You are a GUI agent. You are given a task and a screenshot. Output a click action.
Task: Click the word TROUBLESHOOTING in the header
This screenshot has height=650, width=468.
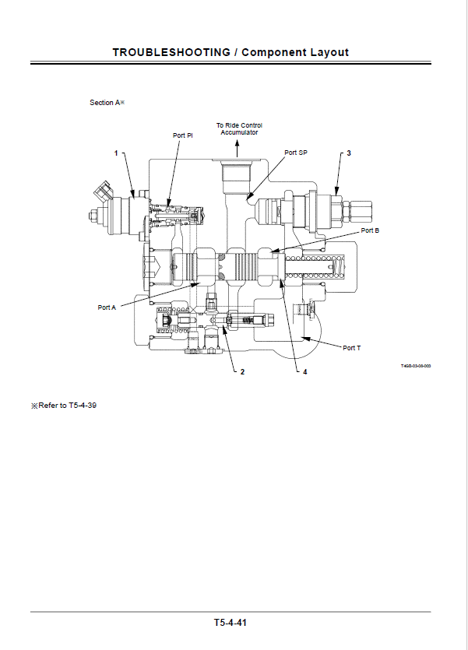pos(171,52)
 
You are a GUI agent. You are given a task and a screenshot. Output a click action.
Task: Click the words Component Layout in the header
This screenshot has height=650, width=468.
pos(295,52)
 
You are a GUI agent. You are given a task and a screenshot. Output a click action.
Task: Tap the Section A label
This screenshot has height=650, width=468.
pos(107,103)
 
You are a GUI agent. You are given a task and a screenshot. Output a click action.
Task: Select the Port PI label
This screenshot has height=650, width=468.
pos(182,135)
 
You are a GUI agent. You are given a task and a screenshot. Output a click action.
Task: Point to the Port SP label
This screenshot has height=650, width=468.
pos(296,153)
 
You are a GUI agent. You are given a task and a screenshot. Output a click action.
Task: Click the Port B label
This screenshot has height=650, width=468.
pos(370,231)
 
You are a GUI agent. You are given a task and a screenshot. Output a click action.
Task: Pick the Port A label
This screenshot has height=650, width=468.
pos(107,307)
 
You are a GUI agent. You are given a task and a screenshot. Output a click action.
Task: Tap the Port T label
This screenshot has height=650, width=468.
pos(352,348)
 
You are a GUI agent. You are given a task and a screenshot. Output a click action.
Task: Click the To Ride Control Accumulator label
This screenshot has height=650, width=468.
pos(239,128)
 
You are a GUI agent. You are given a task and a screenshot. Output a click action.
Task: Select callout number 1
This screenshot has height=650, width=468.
pos(116,153)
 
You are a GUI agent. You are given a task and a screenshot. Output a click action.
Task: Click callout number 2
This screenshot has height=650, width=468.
pos(242,372)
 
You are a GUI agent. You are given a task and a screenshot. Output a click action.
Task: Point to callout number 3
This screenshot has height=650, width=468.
pos(348,153)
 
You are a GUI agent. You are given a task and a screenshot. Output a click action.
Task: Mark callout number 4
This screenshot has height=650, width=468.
pos(304,372)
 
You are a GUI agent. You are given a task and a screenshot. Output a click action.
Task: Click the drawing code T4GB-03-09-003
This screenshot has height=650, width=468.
pos(416,366)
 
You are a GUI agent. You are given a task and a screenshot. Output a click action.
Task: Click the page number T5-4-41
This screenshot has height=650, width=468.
pos(231,623)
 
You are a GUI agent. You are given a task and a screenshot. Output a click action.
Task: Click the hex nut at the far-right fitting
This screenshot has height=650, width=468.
pos(361,209)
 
